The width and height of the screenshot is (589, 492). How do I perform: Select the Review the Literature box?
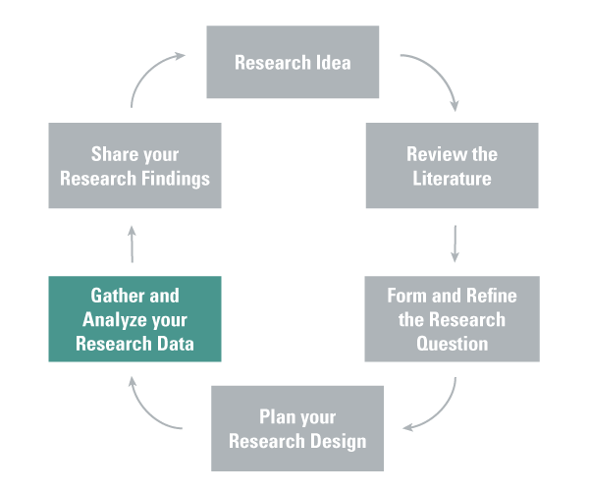coord(452,165)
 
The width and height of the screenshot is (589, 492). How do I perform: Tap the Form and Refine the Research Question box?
coord(452,318)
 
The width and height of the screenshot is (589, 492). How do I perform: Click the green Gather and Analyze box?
coord(134,318)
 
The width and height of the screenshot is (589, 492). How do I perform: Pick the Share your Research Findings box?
coord(134,165)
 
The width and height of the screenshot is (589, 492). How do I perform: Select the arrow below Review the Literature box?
coord(455,243)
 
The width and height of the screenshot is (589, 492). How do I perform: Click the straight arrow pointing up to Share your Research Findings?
coord(133,243)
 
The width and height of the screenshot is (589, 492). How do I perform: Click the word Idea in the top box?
coord(332,64)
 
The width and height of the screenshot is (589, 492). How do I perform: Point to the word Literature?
coord(452,179)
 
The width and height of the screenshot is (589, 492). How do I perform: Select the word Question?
coord(452,344)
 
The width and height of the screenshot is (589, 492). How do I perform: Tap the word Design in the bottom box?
coord(337,440)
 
